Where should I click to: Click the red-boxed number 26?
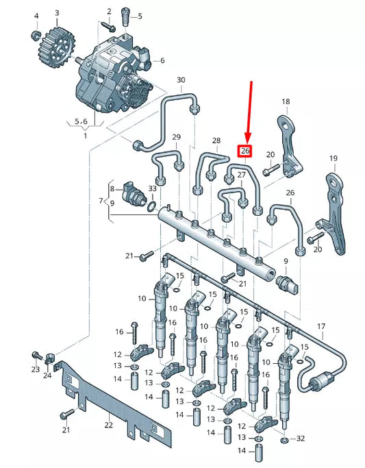[x=245, y=151]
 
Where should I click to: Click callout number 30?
[x=181, y=80]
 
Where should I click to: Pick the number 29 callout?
[x=176, y=138]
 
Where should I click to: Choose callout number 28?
[x=216, y=141]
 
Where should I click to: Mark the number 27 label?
[x=241, y=175]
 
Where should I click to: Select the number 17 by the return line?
[x=321, y=325]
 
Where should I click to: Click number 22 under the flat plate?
[x=108, y=425]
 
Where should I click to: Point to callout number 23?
[x=35, y=370]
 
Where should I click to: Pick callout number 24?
[x=47, y=375]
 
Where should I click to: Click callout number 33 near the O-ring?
[x=152, y=188]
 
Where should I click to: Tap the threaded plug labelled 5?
[x=127, y=15]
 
